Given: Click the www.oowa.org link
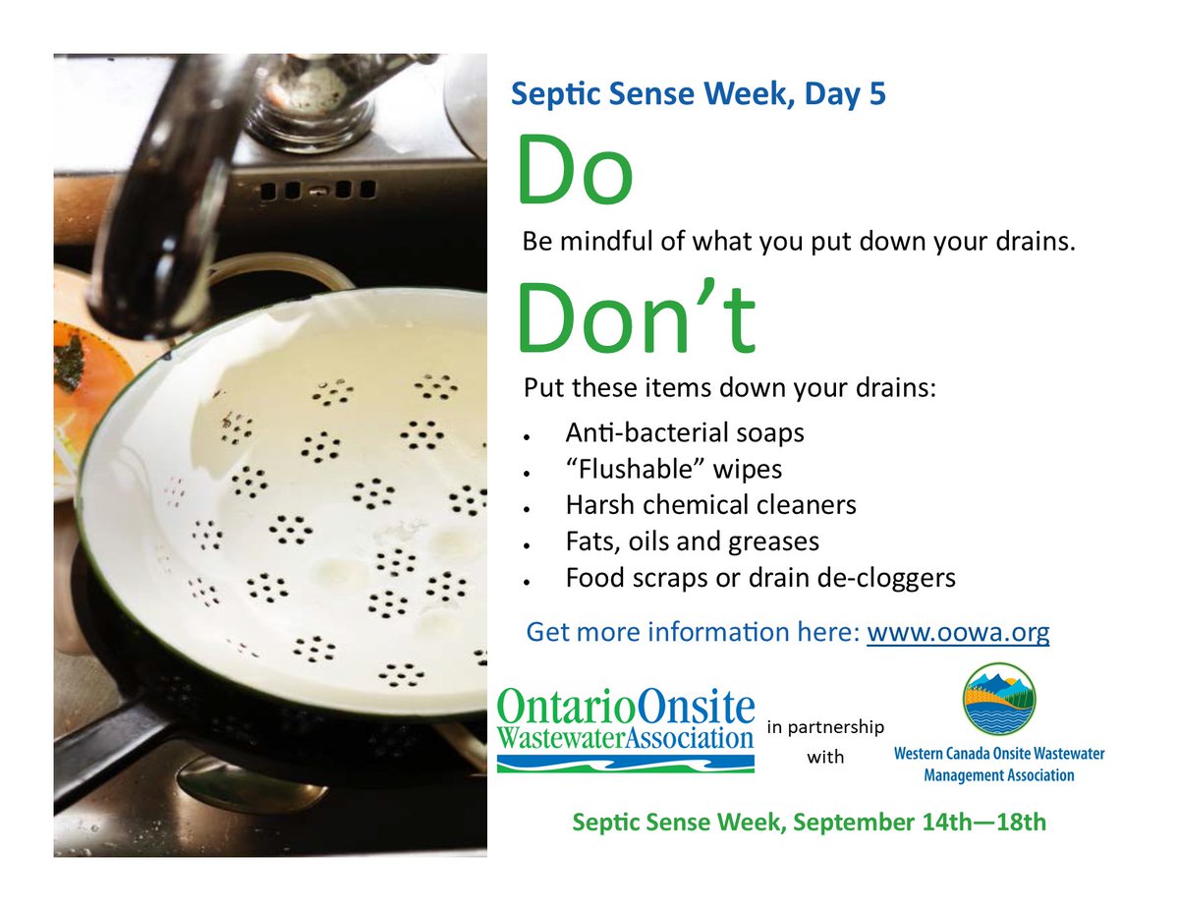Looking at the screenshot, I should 958,631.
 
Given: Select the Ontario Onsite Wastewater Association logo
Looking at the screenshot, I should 626,732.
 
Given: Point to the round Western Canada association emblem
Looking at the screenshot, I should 998,700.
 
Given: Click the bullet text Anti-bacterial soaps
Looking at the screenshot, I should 684,432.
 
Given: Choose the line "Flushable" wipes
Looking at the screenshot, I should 673,469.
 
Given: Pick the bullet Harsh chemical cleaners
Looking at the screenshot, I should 710,505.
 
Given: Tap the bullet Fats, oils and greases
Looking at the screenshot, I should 692,541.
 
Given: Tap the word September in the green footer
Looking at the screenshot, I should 840,823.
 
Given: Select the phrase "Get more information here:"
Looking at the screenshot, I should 693,631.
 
